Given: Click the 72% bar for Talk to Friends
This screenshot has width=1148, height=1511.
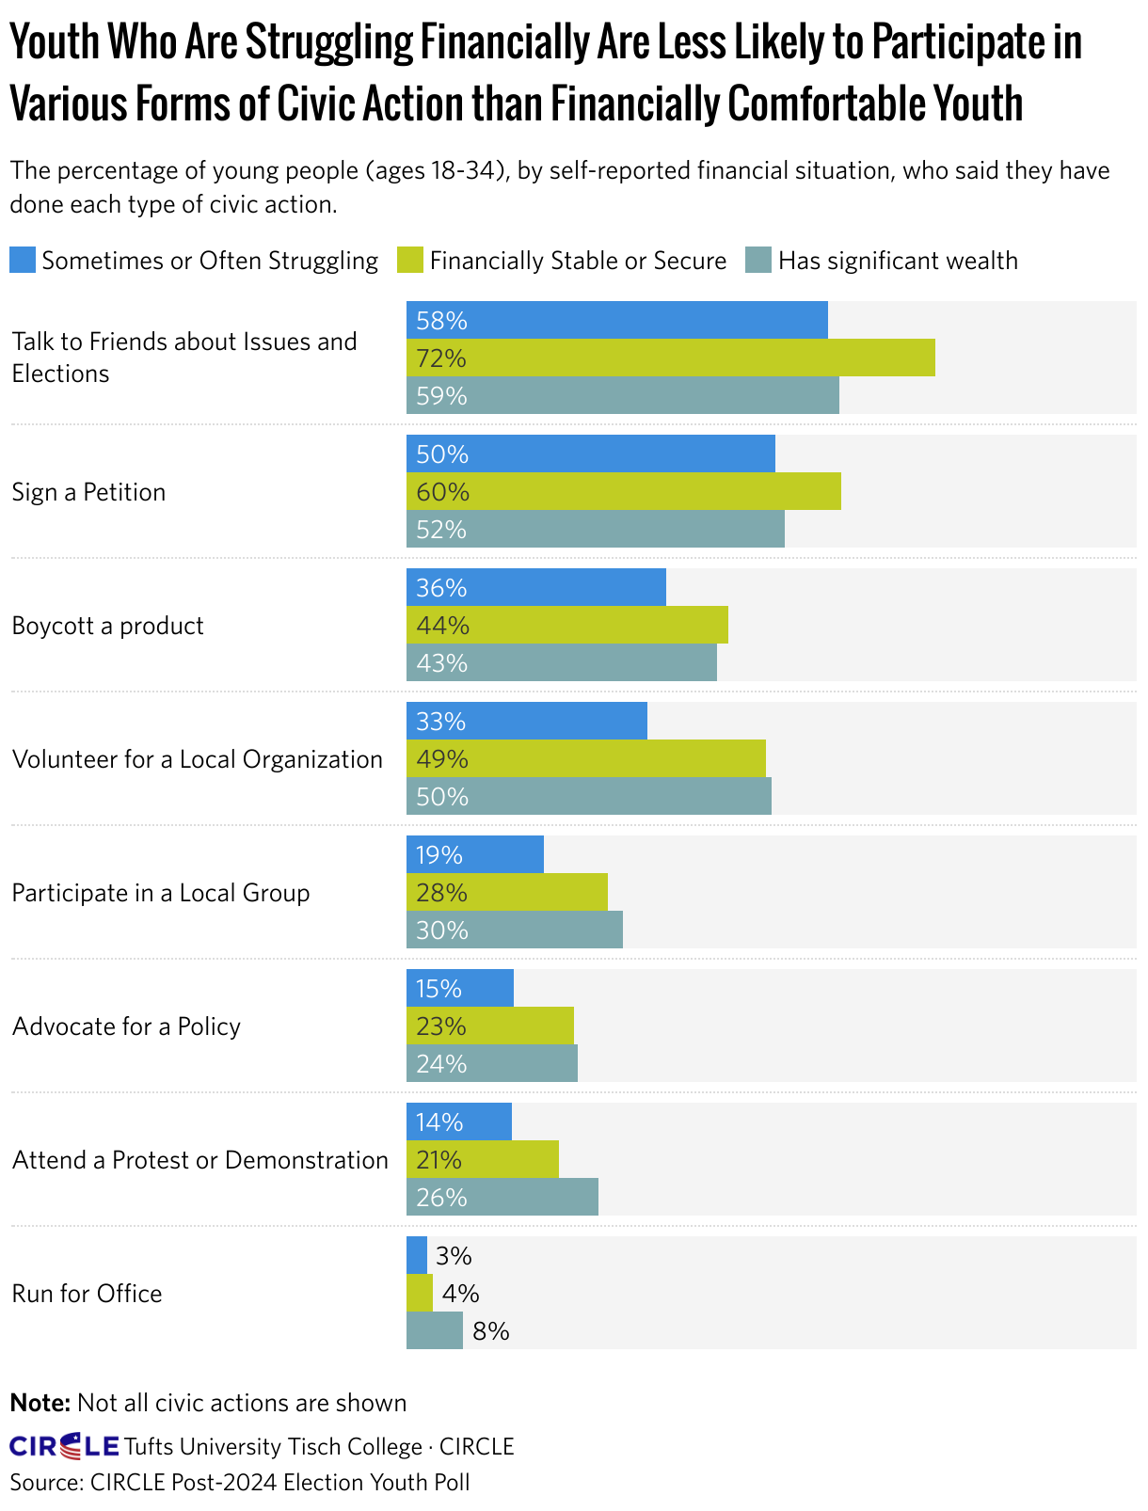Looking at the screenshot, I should point(670,358).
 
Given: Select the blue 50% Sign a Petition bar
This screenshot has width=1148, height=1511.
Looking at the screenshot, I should point(590,454).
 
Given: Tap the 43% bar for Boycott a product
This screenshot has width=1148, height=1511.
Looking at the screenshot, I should point(561,663).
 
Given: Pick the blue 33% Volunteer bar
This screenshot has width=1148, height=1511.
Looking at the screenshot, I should point(526,722).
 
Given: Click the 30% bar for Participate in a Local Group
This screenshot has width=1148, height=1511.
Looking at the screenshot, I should point(514,930).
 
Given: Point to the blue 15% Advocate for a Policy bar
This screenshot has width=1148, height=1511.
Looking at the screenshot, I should point(459,989).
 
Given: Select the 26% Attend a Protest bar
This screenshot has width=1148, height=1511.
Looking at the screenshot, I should point(502,1198).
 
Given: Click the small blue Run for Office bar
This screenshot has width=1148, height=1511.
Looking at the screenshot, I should point(416,1256).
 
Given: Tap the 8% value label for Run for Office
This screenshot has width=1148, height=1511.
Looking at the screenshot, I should point(490,1331).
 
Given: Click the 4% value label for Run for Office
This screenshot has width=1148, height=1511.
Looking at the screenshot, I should point(460,1294).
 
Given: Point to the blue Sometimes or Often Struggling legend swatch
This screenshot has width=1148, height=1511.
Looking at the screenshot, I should point(23,261).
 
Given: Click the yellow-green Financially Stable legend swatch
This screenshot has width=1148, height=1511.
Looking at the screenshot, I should point(410,261).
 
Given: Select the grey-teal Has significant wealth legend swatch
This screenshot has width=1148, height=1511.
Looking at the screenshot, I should point(758,261).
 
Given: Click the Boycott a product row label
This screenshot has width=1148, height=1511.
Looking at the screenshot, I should point(107,627).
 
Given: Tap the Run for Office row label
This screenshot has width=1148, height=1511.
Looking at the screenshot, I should point(87,1294).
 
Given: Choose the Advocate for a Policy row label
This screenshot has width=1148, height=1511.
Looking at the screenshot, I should point(126,1026).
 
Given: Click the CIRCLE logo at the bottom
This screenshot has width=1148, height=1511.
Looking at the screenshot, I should point(64,1446).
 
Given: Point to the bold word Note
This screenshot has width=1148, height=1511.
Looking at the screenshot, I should point(40,1404).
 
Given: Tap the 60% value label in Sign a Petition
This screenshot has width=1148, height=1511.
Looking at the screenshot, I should point(442,492).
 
